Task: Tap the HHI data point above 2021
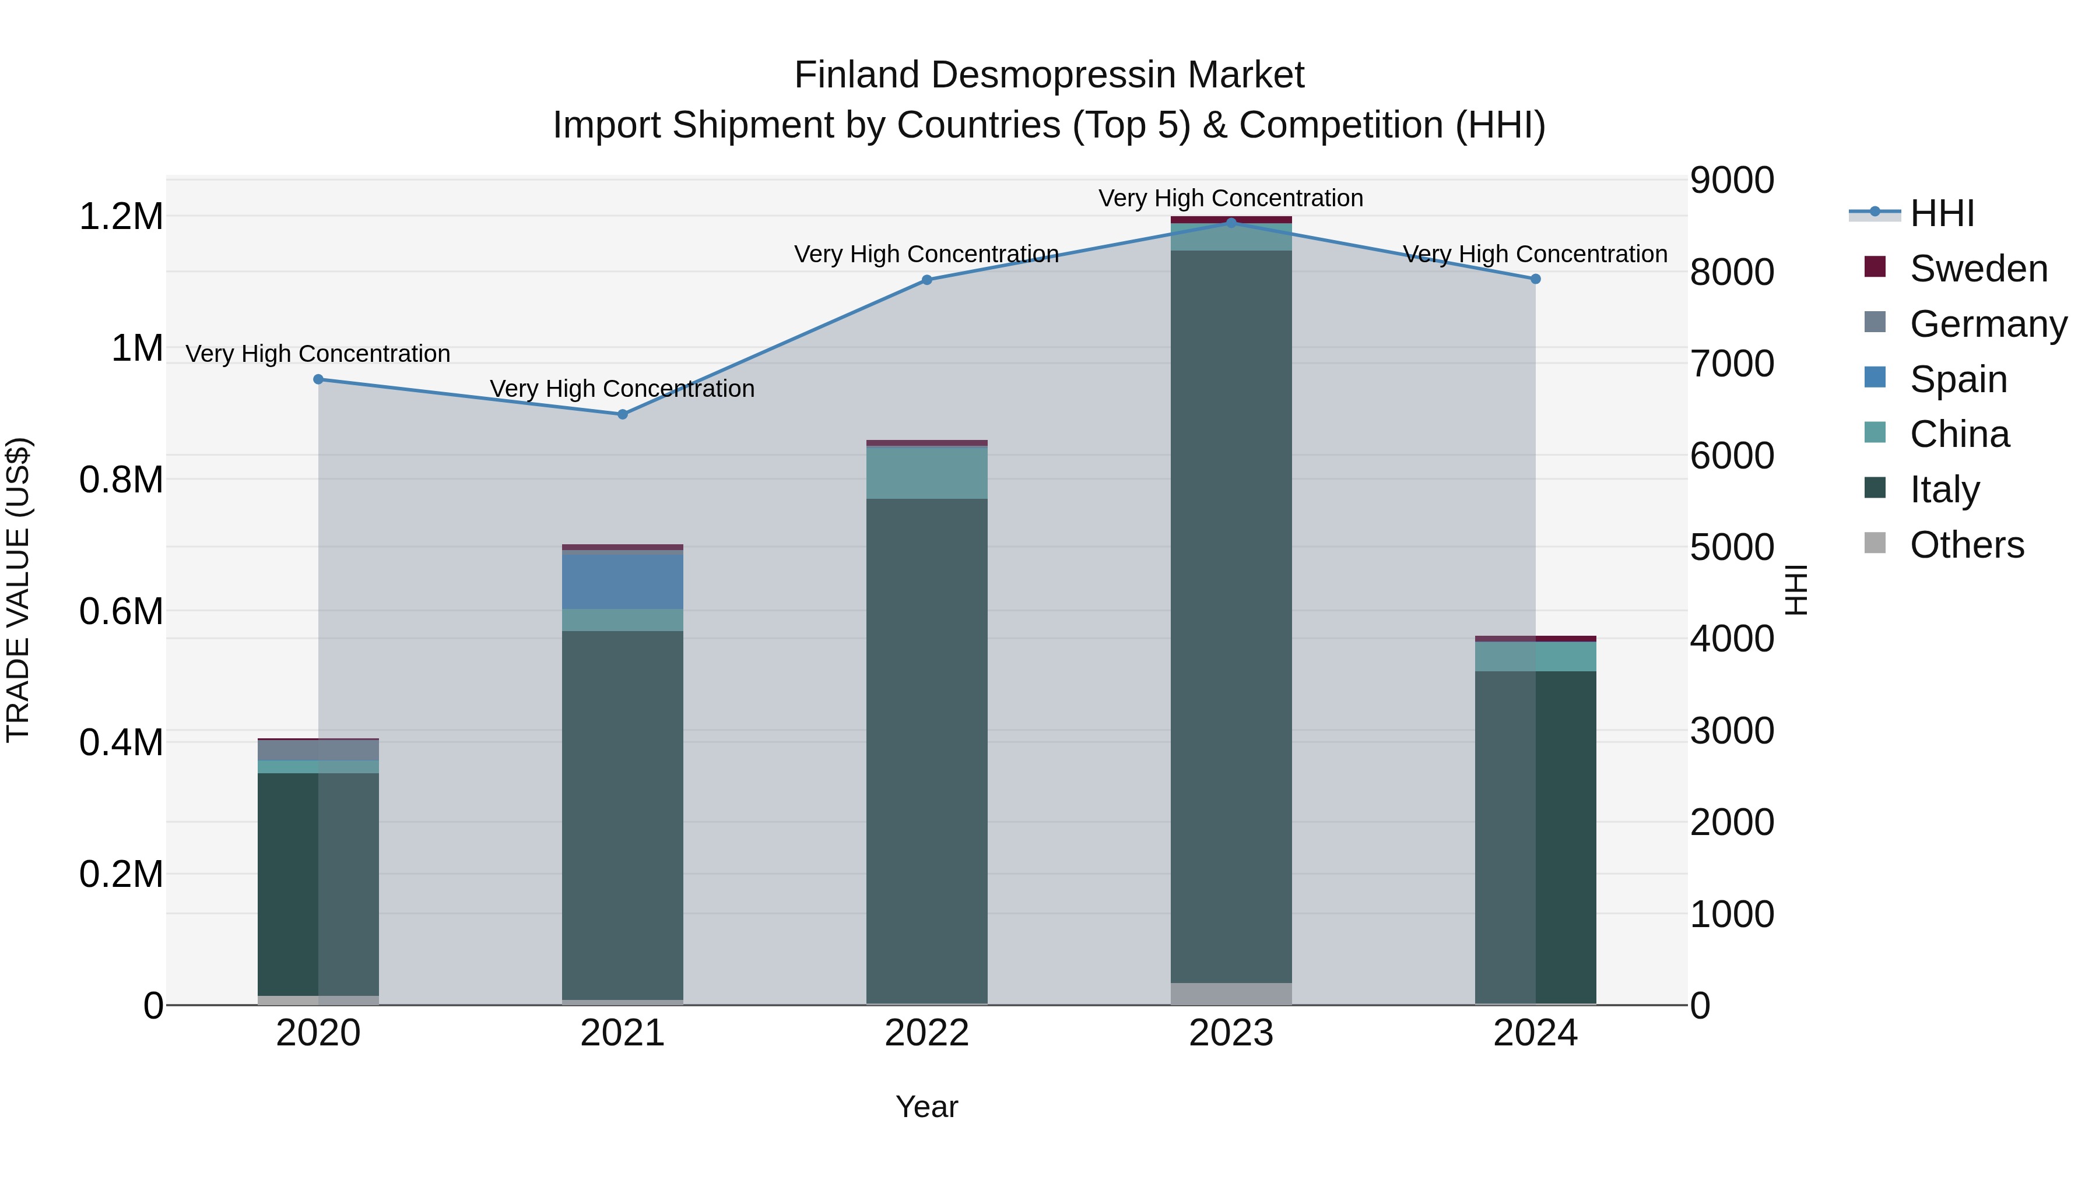click(623, 414)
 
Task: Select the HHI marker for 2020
click(318, 379)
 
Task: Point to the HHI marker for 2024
click(1535, 279)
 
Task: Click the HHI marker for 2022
click(926, 279)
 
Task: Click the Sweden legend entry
click(1978, 269)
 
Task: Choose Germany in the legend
click(1988, 324)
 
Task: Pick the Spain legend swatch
click(1875, 378)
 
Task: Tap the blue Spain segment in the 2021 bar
click(623, 580)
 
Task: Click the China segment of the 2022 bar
click(926, 473)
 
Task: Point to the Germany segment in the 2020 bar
click(318, 750)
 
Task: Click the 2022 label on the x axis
click(926, 1033)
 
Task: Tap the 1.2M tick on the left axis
click(121, 217)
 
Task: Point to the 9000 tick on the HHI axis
click(1732, 180)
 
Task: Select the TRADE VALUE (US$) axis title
click(18, 590)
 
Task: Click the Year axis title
click(926, 1107)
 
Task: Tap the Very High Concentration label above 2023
click(1230, 198)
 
